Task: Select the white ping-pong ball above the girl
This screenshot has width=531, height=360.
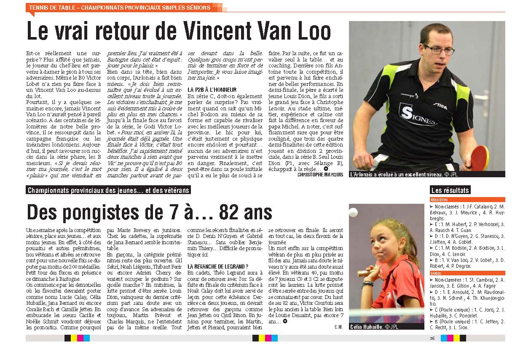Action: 353,212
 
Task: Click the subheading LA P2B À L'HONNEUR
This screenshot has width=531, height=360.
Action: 212,90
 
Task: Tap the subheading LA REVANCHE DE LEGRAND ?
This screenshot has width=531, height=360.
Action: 217,267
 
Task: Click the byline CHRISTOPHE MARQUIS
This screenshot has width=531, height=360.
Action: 320,174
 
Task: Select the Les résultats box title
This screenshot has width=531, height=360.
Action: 450,190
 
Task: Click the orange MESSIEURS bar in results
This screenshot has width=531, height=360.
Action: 467,200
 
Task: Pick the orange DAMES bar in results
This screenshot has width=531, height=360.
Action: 467,273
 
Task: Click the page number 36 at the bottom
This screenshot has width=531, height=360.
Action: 432,338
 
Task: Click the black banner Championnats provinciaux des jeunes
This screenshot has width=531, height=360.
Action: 108,190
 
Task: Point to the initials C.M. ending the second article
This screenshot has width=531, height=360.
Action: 338,327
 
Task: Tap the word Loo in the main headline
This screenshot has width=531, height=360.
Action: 311,31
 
